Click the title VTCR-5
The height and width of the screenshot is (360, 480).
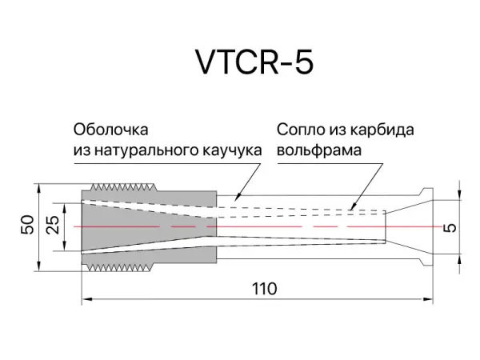[x=254, y=62]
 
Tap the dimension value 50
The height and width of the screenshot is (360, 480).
[x=26, y=226]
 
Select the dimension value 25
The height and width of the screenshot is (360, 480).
[x=54, y=226]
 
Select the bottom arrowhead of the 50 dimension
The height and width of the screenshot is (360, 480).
[x=40, y=267]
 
